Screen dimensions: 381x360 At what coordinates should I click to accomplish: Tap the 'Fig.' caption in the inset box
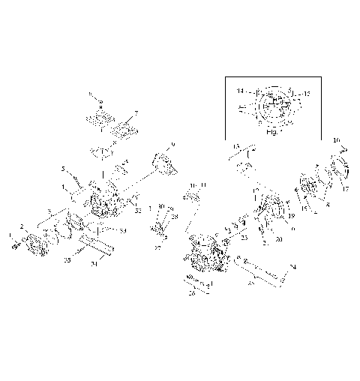tap(271, 130)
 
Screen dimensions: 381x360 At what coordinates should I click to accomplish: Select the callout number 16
tap(336, 140)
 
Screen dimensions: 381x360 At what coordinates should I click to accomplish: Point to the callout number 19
tap(290, 215)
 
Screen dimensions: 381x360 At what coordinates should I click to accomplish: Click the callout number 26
tap(192, 295)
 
